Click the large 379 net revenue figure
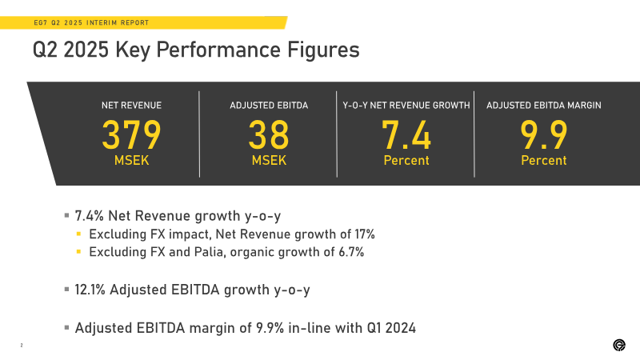[x=131, y=134]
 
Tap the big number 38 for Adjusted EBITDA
[x=269, y=134]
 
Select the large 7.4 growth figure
[x=406, y=134]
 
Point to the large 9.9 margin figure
[x=544, y=134]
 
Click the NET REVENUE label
[x=131, y=106]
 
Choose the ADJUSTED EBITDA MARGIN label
[x=544, y=106]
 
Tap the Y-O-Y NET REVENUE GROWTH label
[x=406, y=106]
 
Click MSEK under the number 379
[x=131, y=161]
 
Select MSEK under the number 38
[x=269, y=161]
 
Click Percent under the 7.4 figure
[x=406, y=161]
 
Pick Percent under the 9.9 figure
[x=544, y=161]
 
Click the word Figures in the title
[x=323, y=50]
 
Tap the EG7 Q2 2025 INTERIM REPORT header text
[x=91, y=23]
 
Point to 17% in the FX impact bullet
[x=365, y=234]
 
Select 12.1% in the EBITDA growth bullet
[x=90, y=290]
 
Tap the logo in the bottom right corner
[x=619, y=345]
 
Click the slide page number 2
[x=22, y=346]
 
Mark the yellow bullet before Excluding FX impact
[x=78, y=234]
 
